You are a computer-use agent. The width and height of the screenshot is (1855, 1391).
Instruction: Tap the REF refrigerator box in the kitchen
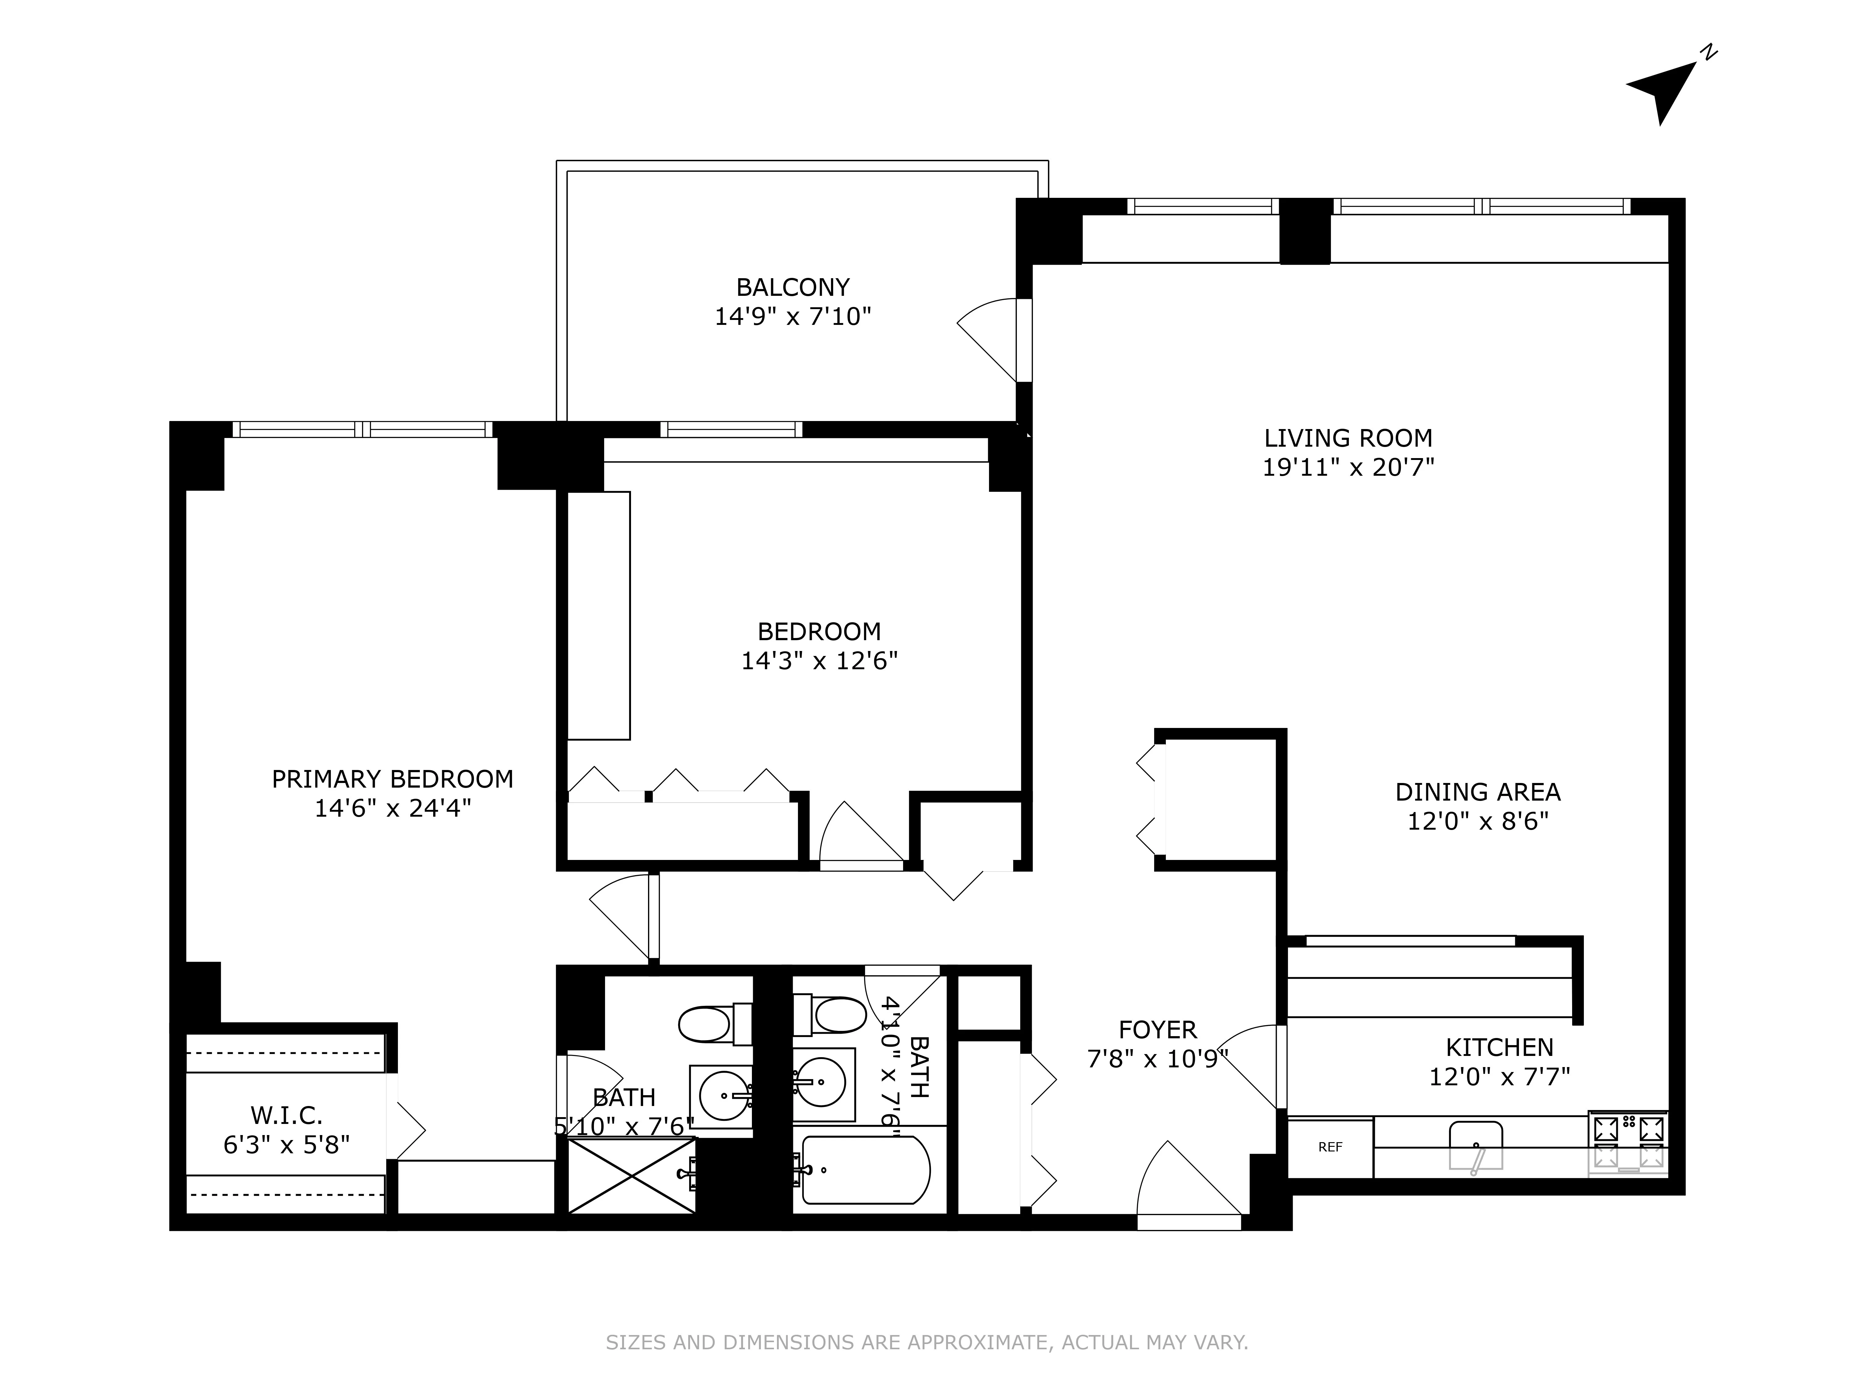(x=1330, y=1147)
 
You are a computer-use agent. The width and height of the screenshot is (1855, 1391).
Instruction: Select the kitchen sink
(x=1476, y=1145)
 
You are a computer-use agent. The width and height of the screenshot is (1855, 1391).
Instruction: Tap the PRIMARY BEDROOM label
(x=392, y=779)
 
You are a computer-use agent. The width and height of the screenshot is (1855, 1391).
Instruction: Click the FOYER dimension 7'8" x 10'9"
(x=1157, y=1059)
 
